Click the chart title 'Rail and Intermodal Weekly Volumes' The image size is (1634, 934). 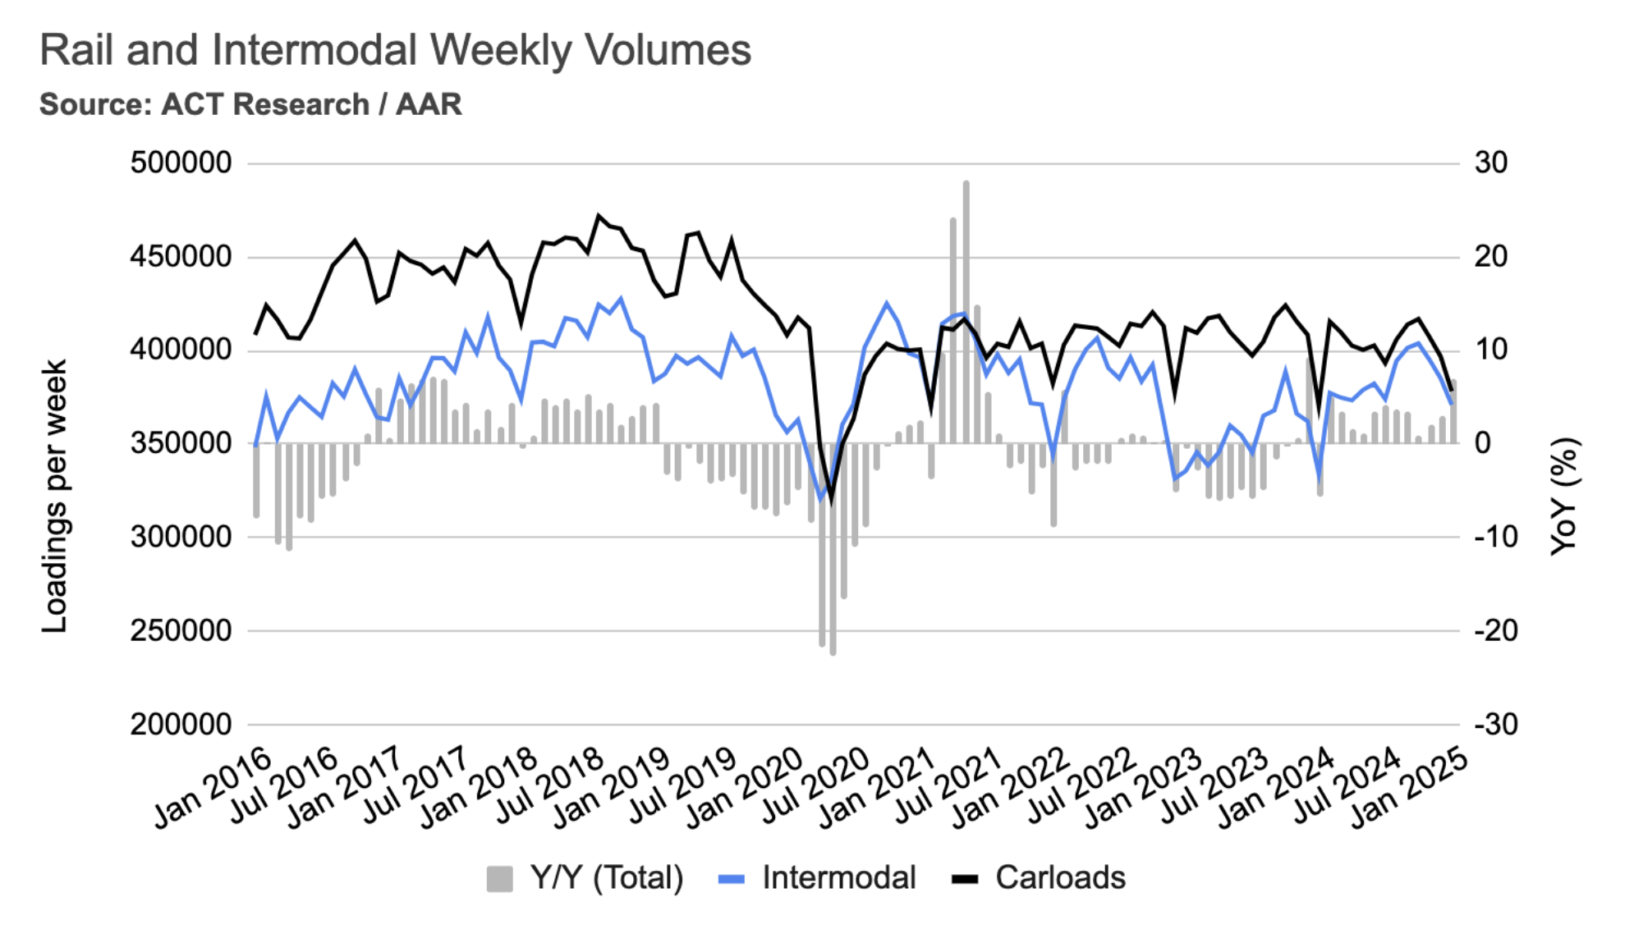pyautogui.click(x=395, y=50)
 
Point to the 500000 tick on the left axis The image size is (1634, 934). pyautogui.click(x=181, y=163)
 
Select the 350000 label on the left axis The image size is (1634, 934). pyautogui.click(x=181, y=443)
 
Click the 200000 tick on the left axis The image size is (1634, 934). pyautogui.click(x=181, y=725)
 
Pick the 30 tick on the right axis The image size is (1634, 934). pyautogui.click(x=1490, y=163)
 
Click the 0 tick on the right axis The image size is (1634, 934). pyautogui.click(x=1482, y=443)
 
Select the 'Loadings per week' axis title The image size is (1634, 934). pyautogui.click(x=54, y=497)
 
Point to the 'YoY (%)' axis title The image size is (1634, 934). pyautogui.click(x=1564, y=497)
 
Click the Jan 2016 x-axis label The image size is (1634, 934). pyautogui.click(x=213, y=788)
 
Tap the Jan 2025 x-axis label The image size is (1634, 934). pyautogui.click(x=1409, y=788)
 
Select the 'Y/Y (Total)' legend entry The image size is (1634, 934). pyautogui.click(x=585, y=878)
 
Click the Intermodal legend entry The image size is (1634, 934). pyautogui.click(x=817, y=878)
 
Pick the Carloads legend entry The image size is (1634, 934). pyautogui.click(x=1039, y=878)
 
